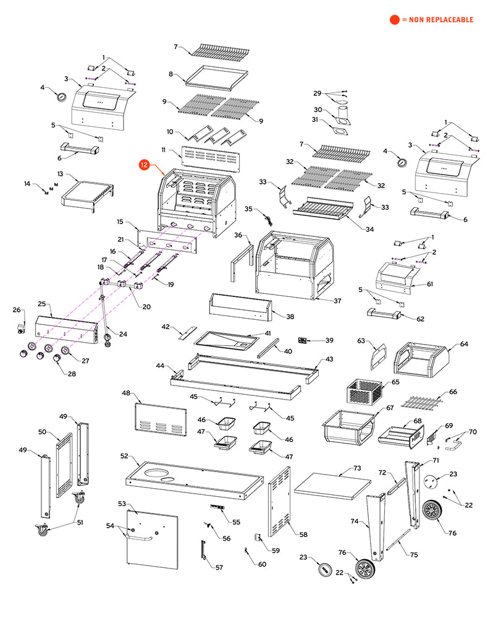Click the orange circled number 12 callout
coord(144,165)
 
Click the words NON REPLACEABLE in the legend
coord(439,20)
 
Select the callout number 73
coord(356,468)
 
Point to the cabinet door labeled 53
coord(151,538)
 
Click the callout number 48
coord(126,393)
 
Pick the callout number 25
coord(42,304)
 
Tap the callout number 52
coord(124,456)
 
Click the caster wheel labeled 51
coord(43,530)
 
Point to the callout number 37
coord(337,301)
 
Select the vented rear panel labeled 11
coord(209,159)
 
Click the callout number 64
coord(464,344)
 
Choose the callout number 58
coord(303,534)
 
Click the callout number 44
coord(160,366)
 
